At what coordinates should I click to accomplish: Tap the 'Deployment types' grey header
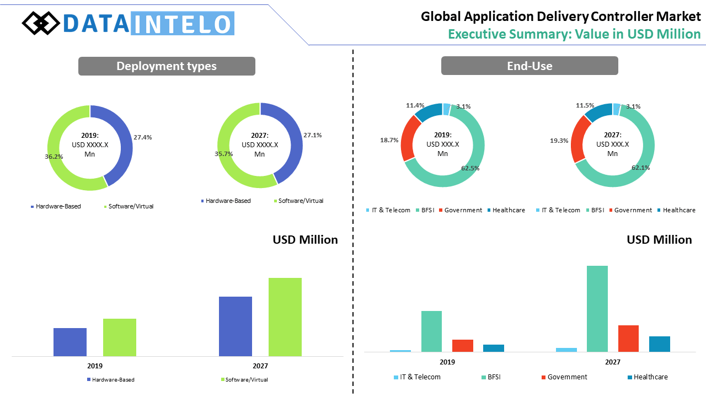click(167, 66)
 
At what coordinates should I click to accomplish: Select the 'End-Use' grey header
click(529, 66)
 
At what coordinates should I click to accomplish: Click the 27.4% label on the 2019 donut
click(142, 137)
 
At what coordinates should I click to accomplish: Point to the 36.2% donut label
click(54, 157)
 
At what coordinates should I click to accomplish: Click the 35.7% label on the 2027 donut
click(224, 154)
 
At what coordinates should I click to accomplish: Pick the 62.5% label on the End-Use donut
click(470, 168)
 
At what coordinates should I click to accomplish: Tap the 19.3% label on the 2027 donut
click(559, 141)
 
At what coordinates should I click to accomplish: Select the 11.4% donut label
click(415, 105)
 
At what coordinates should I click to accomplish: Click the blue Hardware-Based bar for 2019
click(70, 342)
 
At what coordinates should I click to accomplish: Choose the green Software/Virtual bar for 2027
click(285, 317)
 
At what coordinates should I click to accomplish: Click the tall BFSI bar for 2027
click(597, 309)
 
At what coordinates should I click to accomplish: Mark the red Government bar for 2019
click(463, 346)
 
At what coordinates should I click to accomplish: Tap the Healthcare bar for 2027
click(660, 344)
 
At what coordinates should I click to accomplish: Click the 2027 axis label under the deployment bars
click(260, 366)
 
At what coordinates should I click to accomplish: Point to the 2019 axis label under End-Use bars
click(447, 362)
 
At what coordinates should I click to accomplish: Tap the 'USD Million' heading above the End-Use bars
click(659, 239)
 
